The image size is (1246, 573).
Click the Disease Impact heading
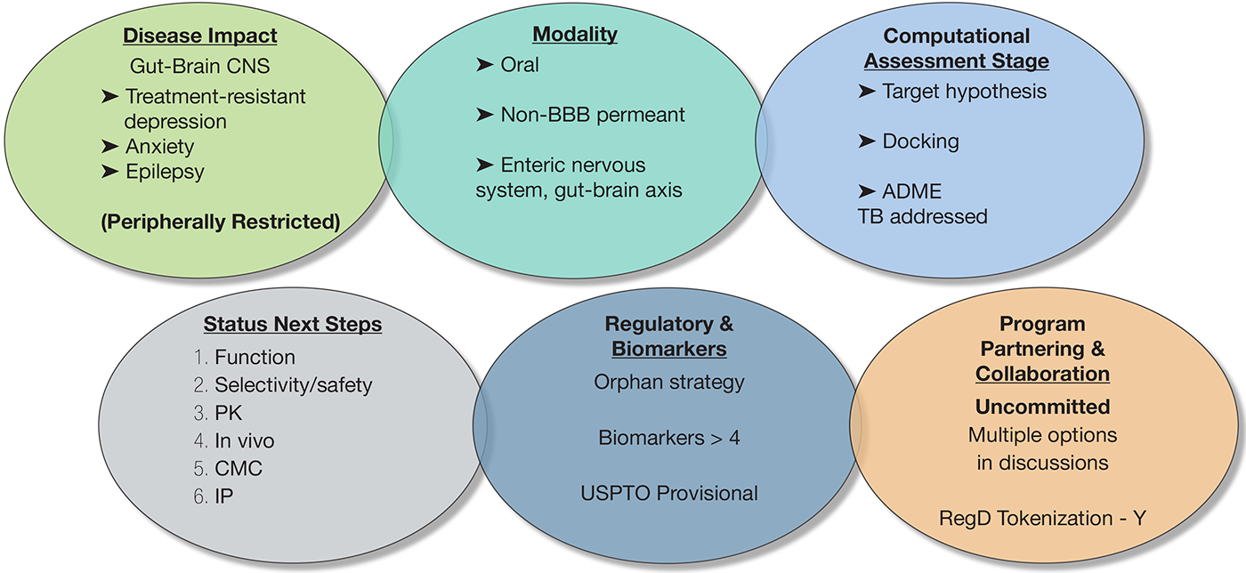(199, 36)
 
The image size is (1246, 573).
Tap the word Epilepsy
(165, 171)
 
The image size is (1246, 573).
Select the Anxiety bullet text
(159, 146)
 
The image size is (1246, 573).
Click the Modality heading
(575, 35)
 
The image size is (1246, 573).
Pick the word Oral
(520, 65)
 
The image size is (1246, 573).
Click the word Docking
(920, 141)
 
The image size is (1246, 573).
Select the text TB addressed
(922, 216)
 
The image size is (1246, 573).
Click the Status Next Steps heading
(292, 324)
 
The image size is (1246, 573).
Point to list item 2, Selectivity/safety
(293, 384)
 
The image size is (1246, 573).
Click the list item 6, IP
(225, 496)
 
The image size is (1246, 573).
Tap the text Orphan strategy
(669, 382)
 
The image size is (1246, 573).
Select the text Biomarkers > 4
(669, 437)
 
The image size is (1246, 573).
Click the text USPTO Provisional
(669, 492)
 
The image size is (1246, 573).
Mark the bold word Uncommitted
(1042, 407)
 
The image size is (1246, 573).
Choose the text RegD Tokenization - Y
(1041, 517)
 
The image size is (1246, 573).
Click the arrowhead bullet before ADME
(867, 192)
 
